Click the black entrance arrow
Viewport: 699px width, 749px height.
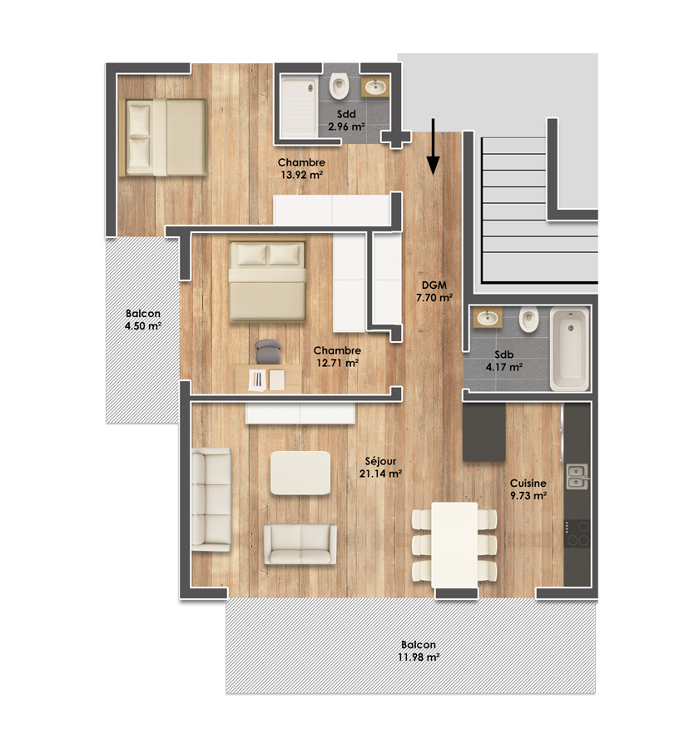click(433, 146)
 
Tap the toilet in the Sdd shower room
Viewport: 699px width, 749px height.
click(340, 86)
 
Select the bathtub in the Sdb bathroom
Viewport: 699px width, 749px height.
click(569, 349)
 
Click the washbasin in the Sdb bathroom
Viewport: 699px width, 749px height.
click(488, 317)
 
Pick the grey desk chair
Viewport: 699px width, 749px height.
click(269, 351)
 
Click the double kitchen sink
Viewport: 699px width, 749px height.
click(578, 477)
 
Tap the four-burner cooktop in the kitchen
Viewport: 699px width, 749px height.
click(578, 533)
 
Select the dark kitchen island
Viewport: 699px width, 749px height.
click(484, 432)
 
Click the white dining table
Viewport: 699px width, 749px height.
click(454, 545)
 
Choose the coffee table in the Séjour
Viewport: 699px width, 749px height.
click(300, 473)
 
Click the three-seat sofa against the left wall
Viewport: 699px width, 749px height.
click(211, 499)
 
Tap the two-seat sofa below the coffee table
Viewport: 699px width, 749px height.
click(300, 544)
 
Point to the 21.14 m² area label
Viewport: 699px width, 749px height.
click(380, 474)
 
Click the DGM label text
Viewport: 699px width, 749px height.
click(434, 285)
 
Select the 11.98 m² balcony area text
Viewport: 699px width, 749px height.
click(419, 657)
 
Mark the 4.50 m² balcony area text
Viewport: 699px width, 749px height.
click(143, 326)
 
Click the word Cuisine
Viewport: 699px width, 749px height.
click(528, 483)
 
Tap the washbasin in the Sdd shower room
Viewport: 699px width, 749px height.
click(375, 87)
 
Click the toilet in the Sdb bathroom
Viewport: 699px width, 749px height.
click(528, 320)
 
